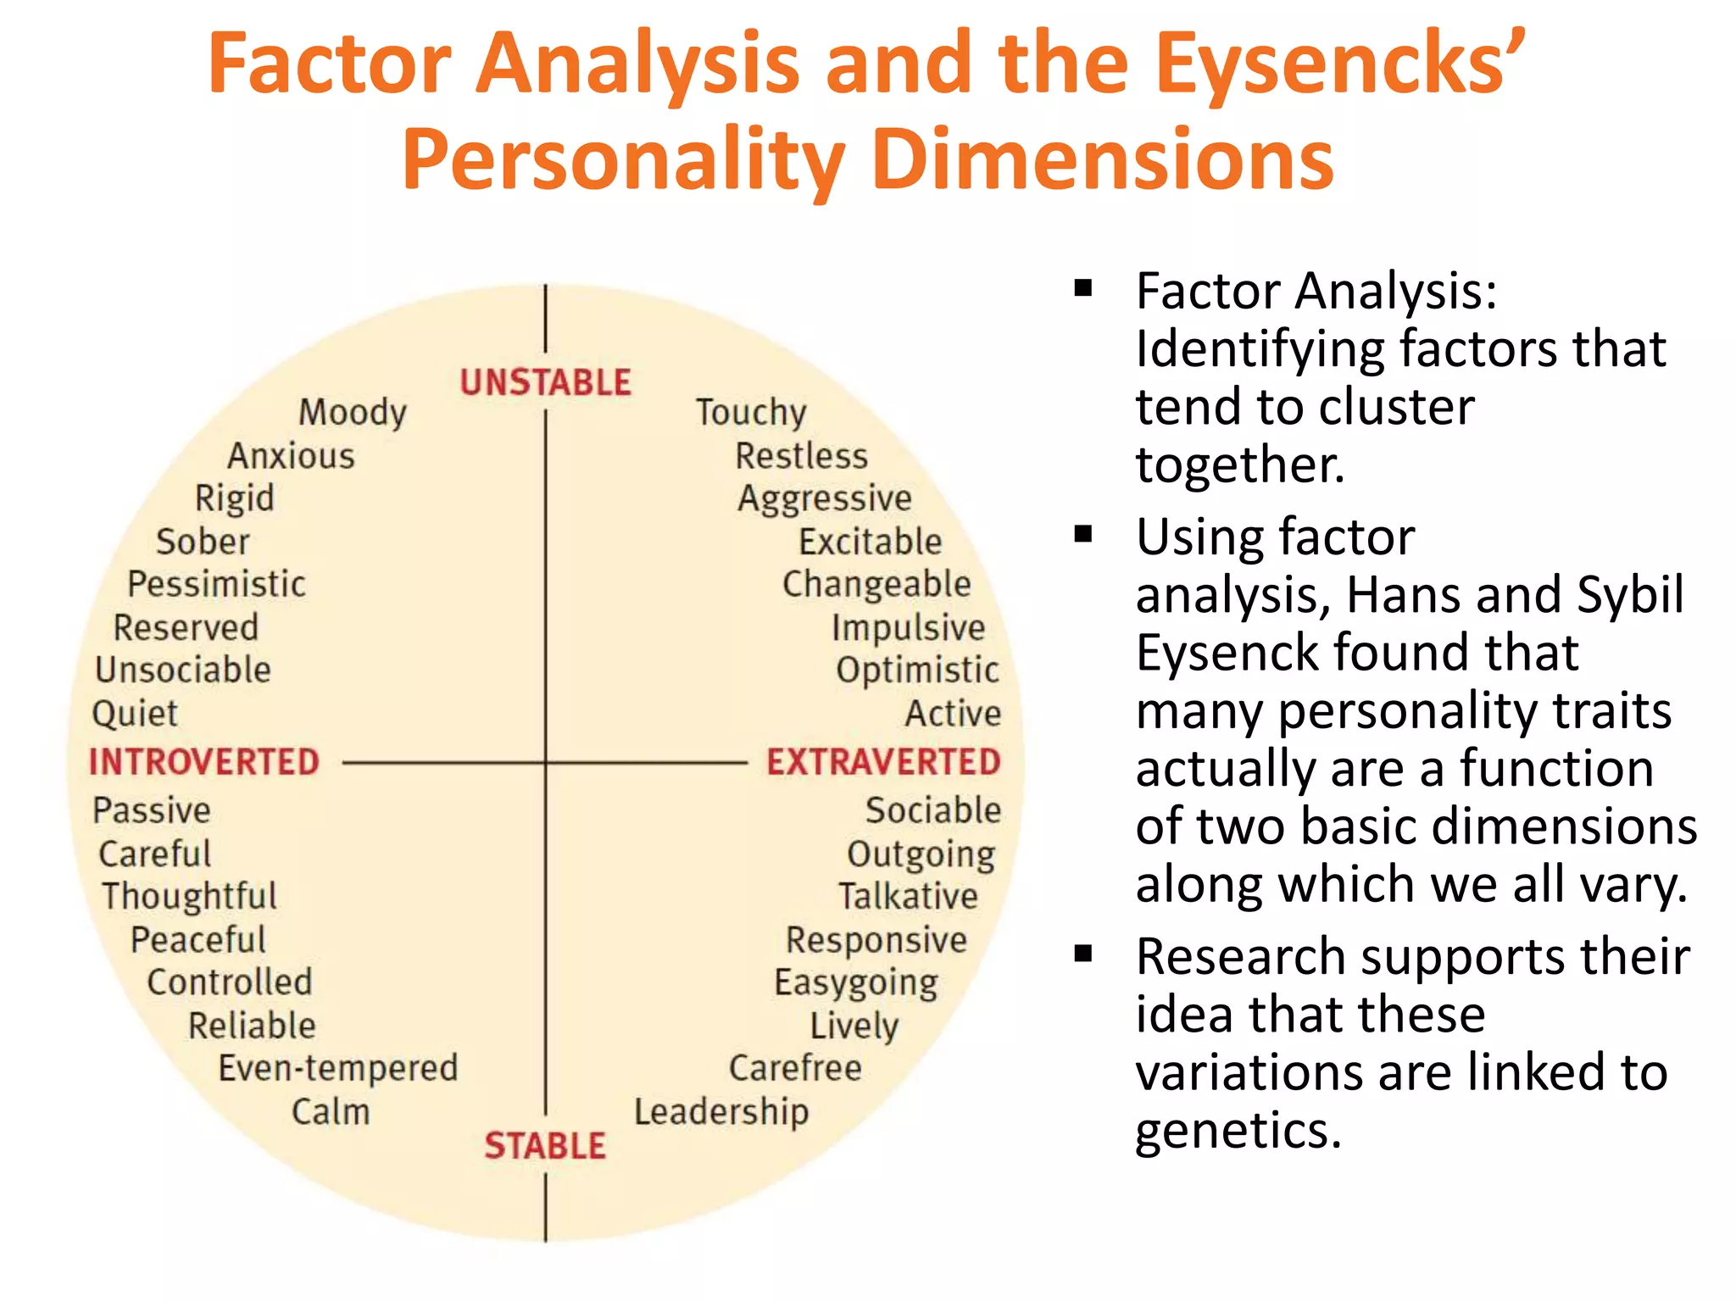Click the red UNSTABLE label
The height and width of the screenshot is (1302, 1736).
click(545, 382)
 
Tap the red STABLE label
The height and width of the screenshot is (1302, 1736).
click(545, 1146)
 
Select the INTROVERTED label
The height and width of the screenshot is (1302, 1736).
click(204, 762)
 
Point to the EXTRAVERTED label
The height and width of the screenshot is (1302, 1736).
click(883, 762)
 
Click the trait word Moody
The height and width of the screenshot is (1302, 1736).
click(353, 413)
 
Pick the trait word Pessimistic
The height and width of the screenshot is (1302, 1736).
click(216, 584)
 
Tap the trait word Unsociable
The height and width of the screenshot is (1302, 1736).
click(183, 670)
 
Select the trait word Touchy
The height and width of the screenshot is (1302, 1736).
click(751, 413)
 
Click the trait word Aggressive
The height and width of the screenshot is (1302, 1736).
click(825, 498)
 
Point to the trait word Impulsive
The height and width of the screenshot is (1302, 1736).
click(908, 628)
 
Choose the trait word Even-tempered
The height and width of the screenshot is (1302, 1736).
click(338, 1068)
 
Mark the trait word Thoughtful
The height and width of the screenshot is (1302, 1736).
click(189, 897)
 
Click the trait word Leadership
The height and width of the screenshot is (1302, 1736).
click(721, 1111)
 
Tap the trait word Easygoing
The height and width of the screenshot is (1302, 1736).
click(856, 983)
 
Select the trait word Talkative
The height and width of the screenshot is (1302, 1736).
click(908, 897)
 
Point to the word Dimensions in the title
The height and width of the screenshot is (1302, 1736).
click(1102, 159)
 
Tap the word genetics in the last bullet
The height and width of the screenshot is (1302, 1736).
click(1238, 1131)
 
